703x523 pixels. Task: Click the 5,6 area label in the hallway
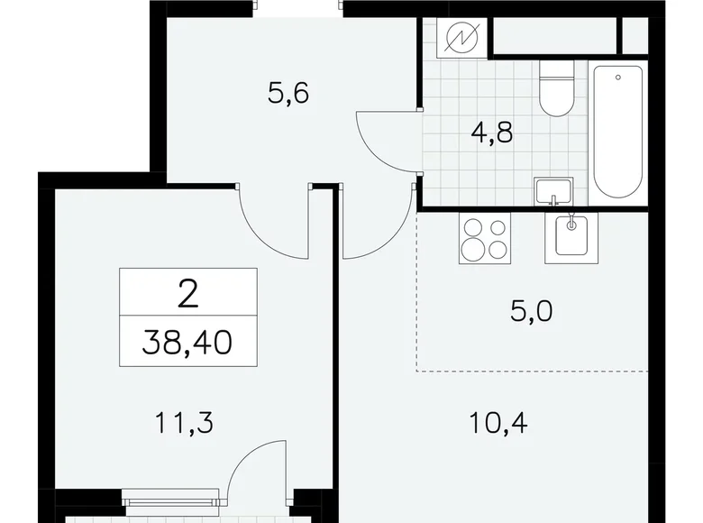coord(288,93)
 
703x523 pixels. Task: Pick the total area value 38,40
coord(188,342)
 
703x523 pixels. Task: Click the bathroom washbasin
coord(552,192)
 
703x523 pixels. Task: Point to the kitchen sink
coord(570,236)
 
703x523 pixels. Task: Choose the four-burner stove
coord(485,238)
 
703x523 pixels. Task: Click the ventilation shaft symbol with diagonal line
coord(464,39)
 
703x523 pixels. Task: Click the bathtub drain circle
coord(618,77)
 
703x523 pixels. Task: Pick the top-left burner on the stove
coord(472,228)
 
